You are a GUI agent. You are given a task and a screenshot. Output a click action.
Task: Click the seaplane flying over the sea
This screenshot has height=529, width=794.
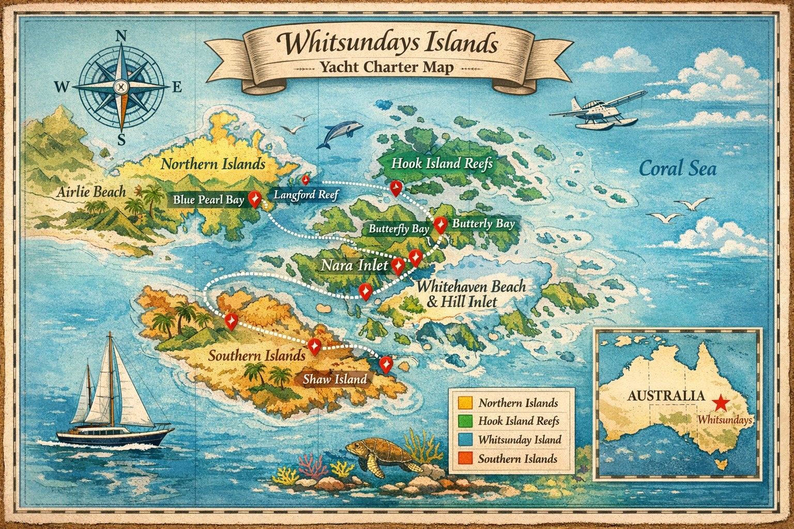tap(594, 111)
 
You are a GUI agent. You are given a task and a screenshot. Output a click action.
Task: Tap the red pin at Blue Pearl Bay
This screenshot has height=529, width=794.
tap(254, 198)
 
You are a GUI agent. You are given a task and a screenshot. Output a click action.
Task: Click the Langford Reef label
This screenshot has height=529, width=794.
tap(306, 195)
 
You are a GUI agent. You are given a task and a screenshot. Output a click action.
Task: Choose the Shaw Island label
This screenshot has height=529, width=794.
tap(335, 379)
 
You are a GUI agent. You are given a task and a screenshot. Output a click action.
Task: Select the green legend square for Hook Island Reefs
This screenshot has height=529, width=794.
tap(465, 421)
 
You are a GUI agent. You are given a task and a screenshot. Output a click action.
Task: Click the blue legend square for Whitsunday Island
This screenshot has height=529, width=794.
tap(465, 440)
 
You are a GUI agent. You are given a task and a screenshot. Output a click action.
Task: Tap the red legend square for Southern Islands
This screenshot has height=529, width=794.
tap(465, 458)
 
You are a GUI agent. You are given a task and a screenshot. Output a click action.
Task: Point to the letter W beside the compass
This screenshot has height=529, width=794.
tap(62, 87)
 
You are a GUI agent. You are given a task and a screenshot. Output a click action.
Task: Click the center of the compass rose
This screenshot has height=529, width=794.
tap(121, 86)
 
